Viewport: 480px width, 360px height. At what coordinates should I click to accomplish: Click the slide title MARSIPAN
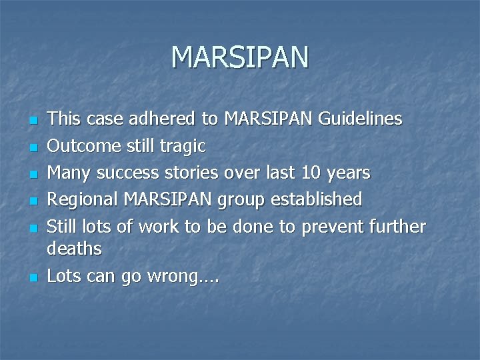tap(240, 57)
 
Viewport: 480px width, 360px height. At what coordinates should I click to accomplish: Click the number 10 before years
tap(311, 173)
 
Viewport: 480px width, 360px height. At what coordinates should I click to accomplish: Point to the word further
tap(397, 226)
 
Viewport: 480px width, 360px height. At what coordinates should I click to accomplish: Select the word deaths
tap(74, 249)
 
